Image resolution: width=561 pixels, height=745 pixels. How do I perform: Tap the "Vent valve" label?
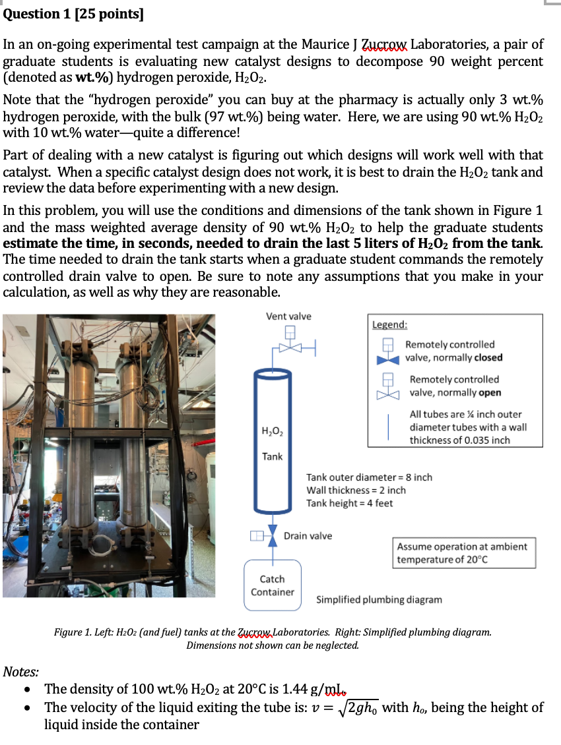pos(288,316)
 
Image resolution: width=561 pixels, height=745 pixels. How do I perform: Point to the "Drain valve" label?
pos(308,536)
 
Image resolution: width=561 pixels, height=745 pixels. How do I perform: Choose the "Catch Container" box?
pos(272,585)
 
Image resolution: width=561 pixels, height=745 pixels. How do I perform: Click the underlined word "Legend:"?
pos(390,325)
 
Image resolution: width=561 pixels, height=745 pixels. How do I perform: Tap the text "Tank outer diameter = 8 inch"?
pos(370,477)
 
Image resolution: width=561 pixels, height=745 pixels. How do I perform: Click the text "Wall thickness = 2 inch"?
pos(356,490)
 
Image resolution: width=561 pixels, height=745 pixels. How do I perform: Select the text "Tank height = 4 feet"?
pos(350,503)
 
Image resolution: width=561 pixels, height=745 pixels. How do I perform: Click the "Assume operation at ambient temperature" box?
pos(462,553)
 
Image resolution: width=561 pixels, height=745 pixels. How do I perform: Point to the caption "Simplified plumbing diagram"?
pos(379,600)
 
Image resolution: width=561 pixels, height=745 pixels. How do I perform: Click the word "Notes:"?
pos(20,672)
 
